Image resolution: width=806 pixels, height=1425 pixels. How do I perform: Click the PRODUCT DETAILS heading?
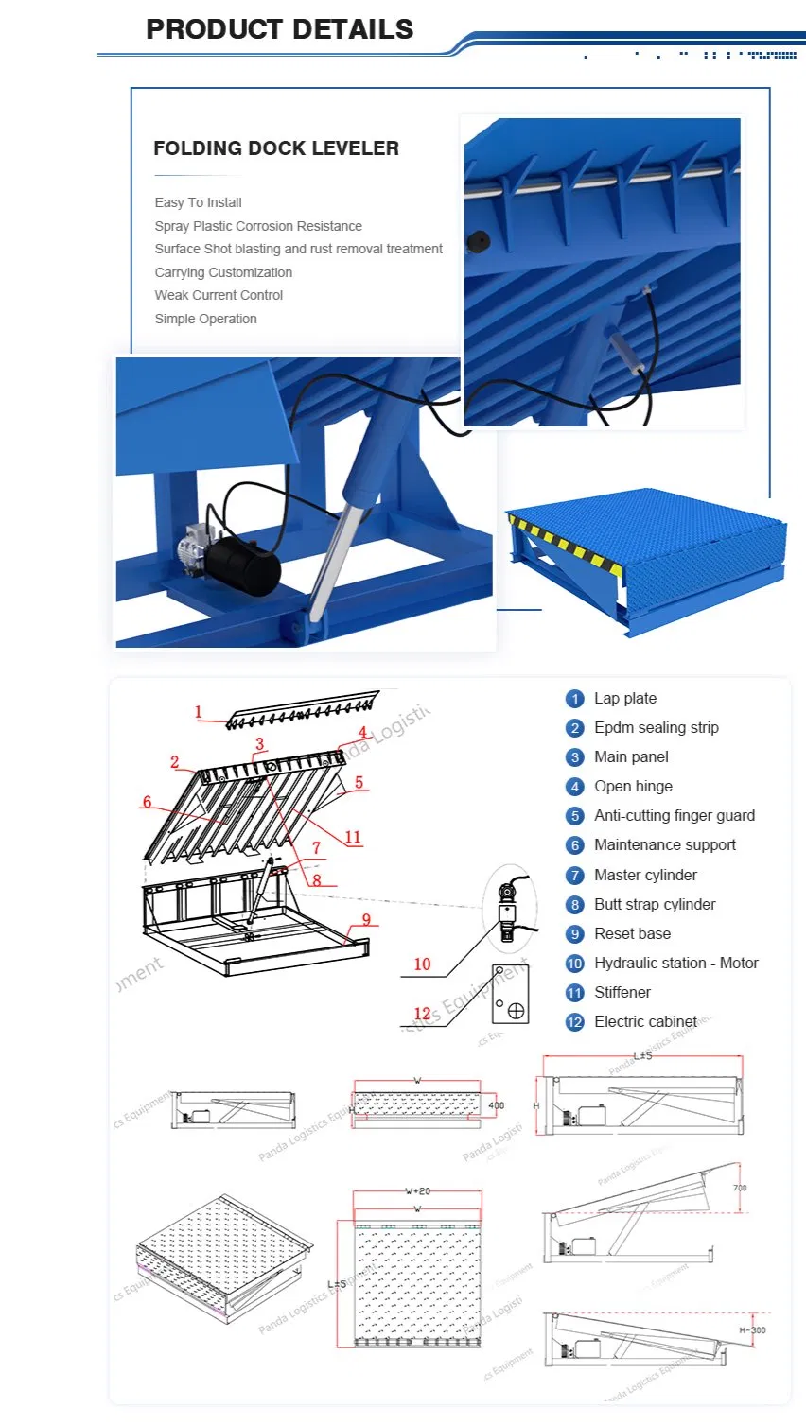coord(279,29)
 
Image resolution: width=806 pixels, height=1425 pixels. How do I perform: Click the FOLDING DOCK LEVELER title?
coord(275,148)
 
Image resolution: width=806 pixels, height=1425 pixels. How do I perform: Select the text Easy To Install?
coord(198,202)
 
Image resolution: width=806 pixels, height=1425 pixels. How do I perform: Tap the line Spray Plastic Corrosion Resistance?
coord(258,226)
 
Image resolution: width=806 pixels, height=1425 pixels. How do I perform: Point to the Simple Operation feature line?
coord(205,319)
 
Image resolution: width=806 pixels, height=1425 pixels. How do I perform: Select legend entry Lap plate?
coord(624,699)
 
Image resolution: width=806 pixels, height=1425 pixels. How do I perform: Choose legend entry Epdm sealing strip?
coord(656,728)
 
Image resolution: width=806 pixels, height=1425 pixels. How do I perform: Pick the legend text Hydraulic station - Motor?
coord(675,964)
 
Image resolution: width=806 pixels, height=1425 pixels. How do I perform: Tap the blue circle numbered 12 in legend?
coord(574,1022)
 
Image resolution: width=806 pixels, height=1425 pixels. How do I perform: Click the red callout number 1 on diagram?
coord(198,713)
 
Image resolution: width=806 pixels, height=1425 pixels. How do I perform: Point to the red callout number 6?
coord(147,802)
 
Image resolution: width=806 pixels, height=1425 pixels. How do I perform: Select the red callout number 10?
coord(422,964)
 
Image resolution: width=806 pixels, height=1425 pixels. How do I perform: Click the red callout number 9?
coord(366,920)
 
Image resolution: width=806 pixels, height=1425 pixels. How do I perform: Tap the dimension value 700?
coord(740,1188)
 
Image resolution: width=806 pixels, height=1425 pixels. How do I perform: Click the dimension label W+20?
coord(417,1191)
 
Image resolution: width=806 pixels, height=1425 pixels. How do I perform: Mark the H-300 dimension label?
coord(752,1330)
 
